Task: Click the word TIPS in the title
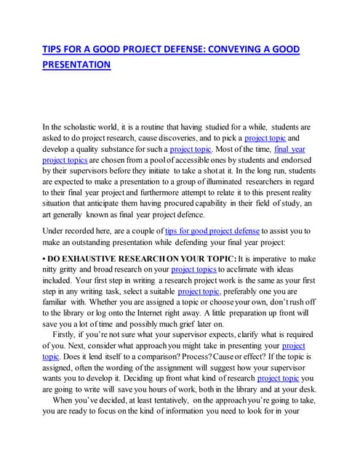tap(54, 49)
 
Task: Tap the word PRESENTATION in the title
tap(76, 65)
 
